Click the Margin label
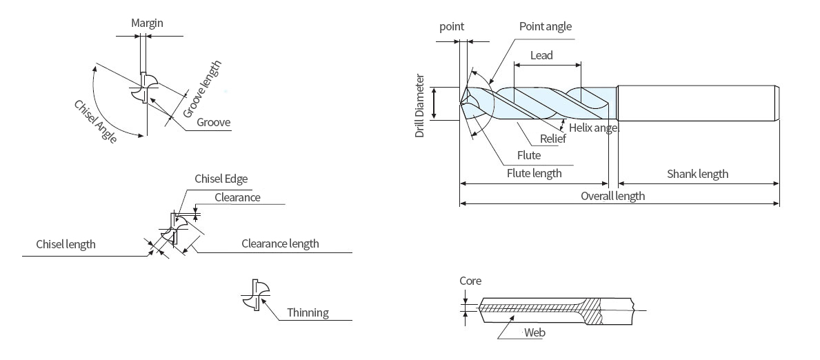coord(147,23)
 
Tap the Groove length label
coord(203,88)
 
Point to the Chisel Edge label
coord(221,179)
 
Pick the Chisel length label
coord(66,244)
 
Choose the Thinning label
coord(308,312)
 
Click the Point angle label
coord(546,26)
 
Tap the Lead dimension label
coord(541,55)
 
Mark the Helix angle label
coord(594,127)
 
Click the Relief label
coord(552,139)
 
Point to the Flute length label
coord(534,173)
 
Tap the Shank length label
coord(697,174)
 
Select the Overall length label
coord(612,196)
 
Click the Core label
coord(470,281)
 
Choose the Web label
coord(534,332)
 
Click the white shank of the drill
coord(697,103)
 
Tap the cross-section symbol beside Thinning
coord(254,294)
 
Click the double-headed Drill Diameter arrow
coord(434,104)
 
